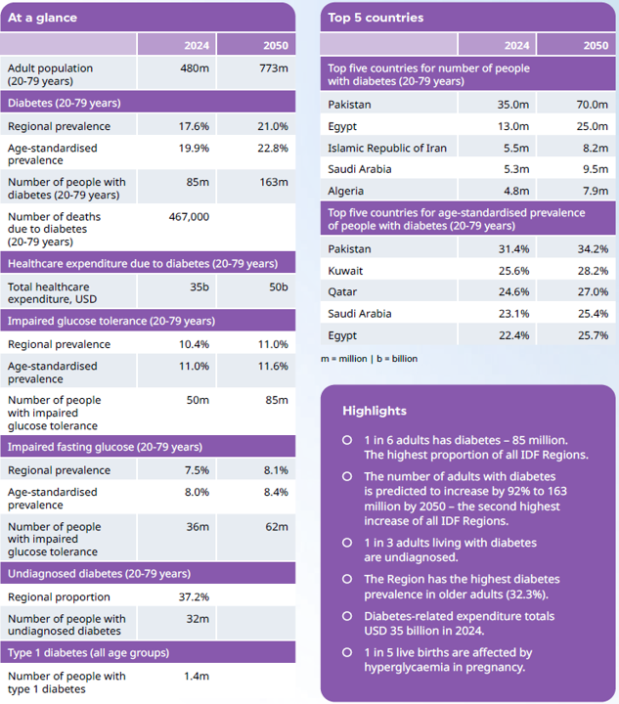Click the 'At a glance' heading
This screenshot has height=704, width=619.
(x=42, y=18)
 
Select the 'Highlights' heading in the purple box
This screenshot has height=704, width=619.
(x=375, y=411)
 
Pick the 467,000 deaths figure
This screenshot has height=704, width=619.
(x=188, y=217)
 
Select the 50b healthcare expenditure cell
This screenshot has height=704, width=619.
(x=278, y=287)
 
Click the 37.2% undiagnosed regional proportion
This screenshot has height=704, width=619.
(x=193, y=596)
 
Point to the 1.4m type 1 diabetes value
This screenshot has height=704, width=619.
(x=196, y=676)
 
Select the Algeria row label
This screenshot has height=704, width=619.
(x=347, y=191)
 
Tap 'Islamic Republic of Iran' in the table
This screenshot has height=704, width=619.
(x=387, y=148)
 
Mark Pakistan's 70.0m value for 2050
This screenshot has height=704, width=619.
(x=592, y=104)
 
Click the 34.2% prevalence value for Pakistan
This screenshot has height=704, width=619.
(x=592, y=248)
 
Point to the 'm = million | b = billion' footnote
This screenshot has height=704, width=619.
(x=369, y=359)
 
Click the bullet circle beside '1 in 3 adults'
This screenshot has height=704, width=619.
(x=347, y=542)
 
